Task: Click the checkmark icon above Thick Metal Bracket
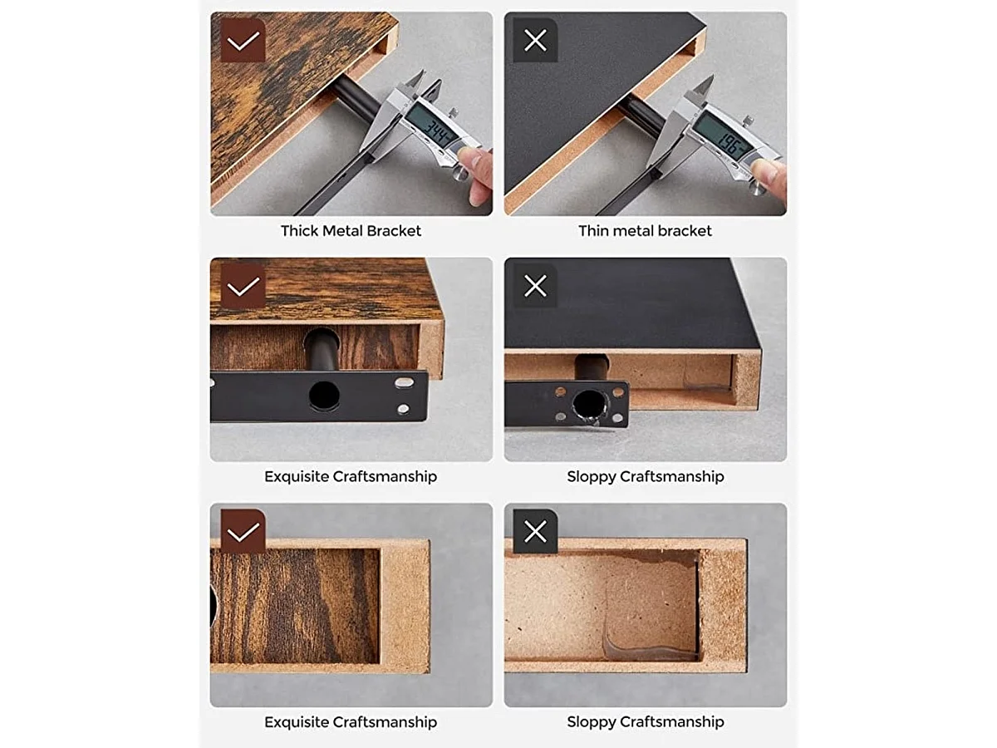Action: coord(243,41)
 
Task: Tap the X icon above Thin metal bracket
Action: coord(535,41)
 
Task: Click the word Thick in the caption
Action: coord(300,231)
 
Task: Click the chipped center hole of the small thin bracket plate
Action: coord(589,405)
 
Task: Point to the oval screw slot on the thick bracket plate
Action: coord(404,382)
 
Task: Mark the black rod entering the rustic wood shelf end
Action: coord(322,349)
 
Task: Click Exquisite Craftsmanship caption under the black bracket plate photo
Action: coord(350,476)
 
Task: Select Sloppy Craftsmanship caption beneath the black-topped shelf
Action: coord(645,476)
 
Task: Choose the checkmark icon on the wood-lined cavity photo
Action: coord(243,532)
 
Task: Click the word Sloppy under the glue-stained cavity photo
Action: coord(592,721)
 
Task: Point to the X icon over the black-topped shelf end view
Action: coord(535,286)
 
